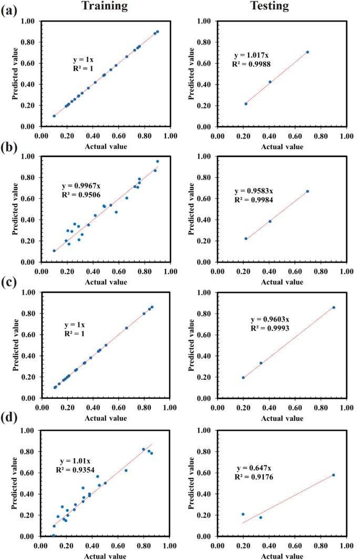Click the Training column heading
tap(105, 6)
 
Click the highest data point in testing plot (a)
tap(307, 52)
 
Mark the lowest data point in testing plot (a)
tap(246, 103)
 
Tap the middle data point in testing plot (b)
tap(270, 221)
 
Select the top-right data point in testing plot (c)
tap(333, 307)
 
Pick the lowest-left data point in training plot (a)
tap(54, 116)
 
